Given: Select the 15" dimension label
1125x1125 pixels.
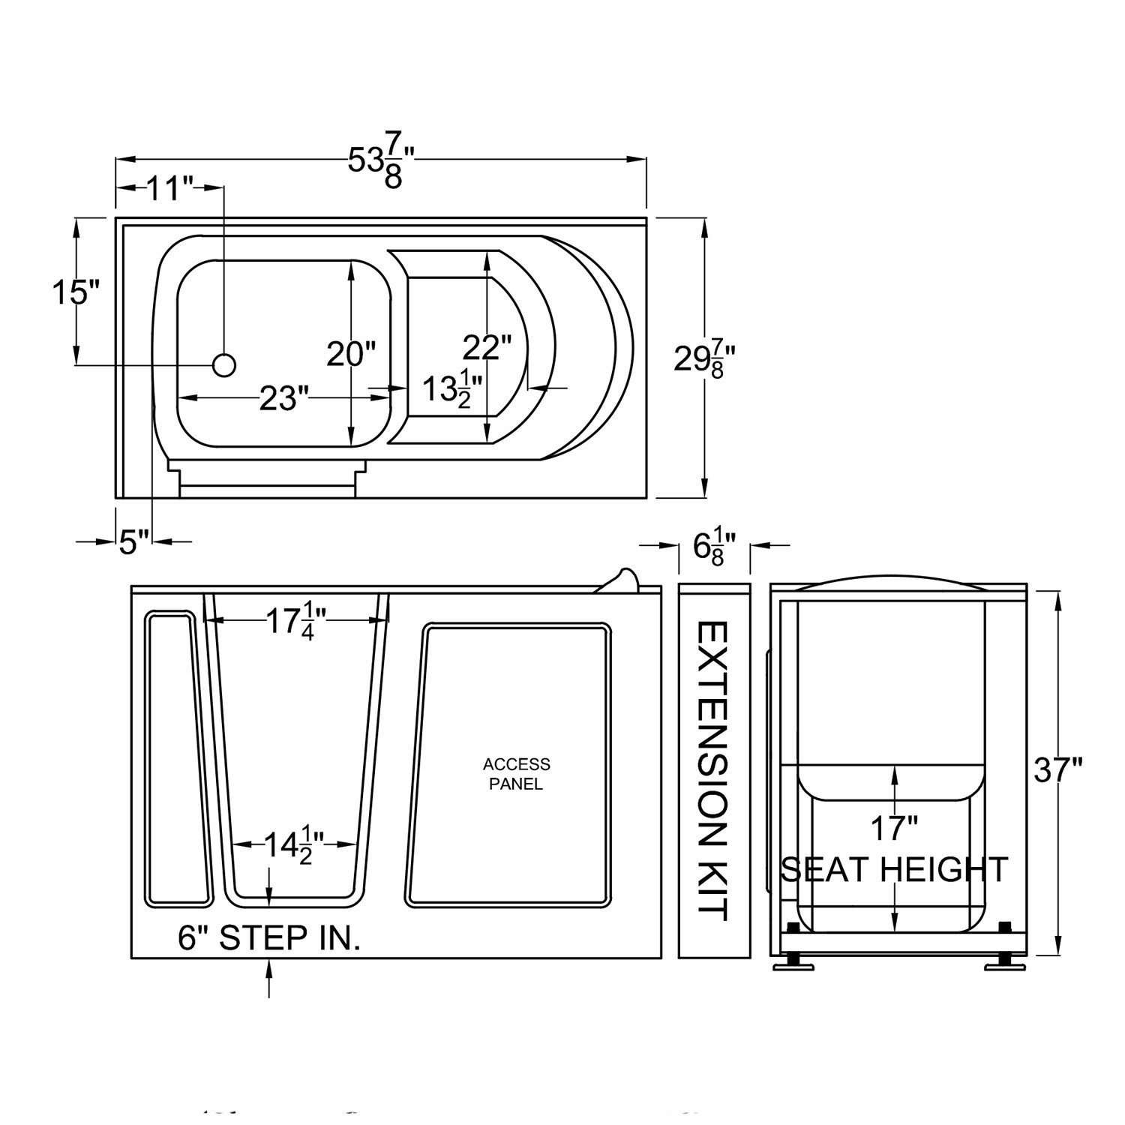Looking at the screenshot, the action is (76, 291).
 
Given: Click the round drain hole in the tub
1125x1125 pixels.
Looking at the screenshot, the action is (224, 365).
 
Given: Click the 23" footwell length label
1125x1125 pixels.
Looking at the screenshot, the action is (284, 398).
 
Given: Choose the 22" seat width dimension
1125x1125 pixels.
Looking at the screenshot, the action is (487, 347).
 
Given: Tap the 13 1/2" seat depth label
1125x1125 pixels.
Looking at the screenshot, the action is (451, 388).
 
